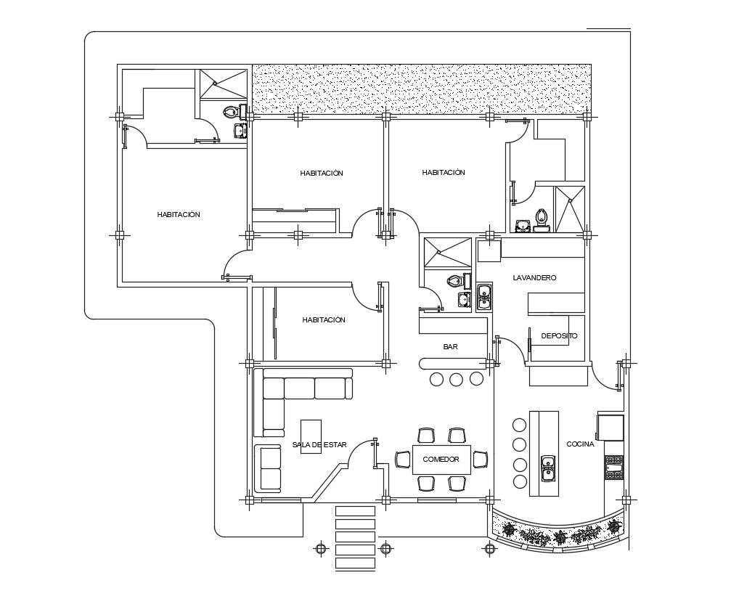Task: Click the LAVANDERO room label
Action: point(534,278)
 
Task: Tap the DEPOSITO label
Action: point(559,336)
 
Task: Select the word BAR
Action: point(450,347)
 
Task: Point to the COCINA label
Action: point(580,444)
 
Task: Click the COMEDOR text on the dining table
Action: point(441,460)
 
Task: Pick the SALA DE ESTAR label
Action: point(319,444)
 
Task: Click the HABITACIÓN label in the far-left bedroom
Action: point(179,215)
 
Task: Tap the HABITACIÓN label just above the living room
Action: point(324,319)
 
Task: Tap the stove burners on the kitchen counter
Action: point(614,467)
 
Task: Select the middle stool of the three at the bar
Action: point(457,378)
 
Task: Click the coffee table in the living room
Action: point(311,436)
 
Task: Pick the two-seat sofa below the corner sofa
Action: point(269,468)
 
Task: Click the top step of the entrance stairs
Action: point(355,511)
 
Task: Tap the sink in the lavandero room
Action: point(484,298)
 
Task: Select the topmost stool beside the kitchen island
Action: point(519,425)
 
